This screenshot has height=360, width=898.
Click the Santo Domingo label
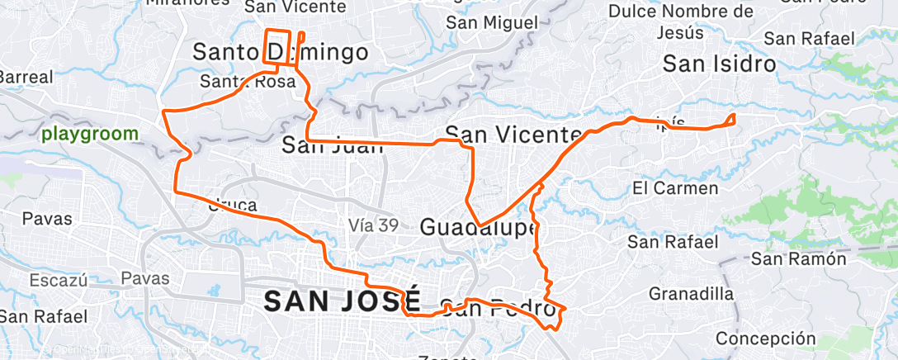coord(280,53)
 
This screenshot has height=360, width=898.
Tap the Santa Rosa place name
coord(248,81)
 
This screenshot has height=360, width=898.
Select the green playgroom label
coord(88,133)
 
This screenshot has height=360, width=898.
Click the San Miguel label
coord(492,22)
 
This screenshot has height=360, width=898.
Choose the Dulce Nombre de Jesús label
coord(681,22)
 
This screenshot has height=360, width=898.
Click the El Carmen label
coord(674,189)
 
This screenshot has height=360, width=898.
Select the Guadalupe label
coord(479,226)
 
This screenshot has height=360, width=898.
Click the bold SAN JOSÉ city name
coord(343,301)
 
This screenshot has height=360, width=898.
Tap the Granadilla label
coord(691,294)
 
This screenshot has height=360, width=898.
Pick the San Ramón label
coord(799,259)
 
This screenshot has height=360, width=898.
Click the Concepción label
coord(765,339)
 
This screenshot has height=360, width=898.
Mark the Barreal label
coord(25,77)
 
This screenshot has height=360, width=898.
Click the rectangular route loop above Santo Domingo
coord(277,46)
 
